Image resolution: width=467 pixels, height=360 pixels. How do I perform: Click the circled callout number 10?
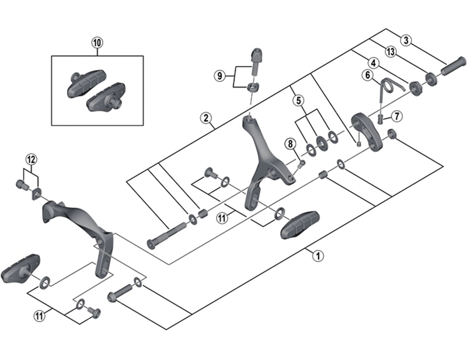coord(97,42)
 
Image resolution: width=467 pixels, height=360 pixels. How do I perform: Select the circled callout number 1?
coord(318,255)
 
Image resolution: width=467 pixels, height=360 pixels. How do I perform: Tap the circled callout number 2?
coord(206,118)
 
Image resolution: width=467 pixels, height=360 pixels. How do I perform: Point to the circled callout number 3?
coord(407,41)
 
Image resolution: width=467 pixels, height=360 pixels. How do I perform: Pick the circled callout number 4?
coord(372,62)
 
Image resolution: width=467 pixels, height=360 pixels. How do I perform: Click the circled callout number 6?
coord(367,75)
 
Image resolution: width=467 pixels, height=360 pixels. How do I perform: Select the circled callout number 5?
coord(298,100)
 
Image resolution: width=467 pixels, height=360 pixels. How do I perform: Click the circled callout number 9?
coord(220,76)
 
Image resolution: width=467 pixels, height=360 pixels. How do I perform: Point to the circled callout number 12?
coord(31,159)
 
